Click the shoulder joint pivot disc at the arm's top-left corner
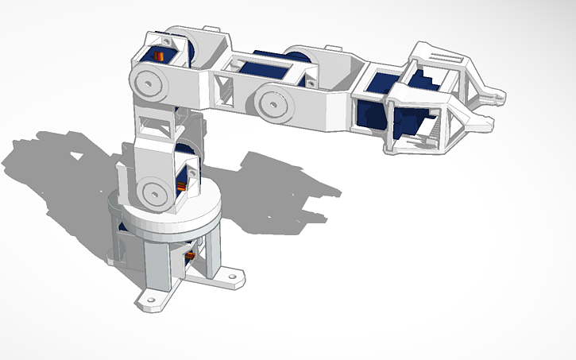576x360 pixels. point(148,80)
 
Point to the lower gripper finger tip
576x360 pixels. point(486,121)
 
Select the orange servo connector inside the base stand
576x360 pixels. point(191,257)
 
